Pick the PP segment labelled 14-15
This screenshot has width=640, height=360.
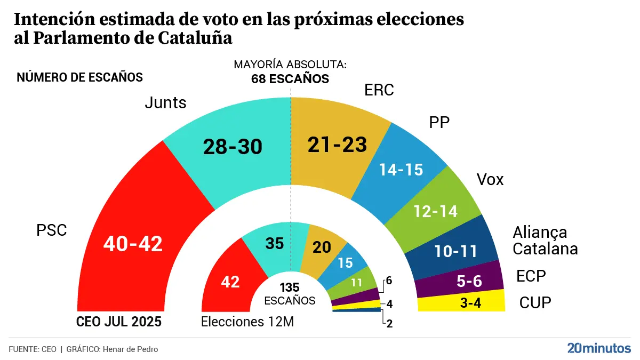click(x=401, y=169)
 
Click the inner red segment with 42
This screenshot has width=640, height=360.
click(x=229, y=282)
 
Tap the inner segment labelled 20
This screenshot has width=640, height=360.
click(x=322, y=247)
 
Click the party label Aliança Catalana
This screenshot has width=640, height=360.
click(x=545, y=241)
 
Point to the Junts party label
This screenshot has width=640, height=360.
click(x=166, y=102)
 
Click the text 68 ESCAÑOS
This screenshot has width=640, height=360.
click(x=290, y=79)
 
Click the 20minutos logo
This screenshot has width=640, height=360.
click(x=598, y=348)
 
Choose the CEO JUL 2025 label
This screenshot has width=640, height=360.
click(x=119, y=322)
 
